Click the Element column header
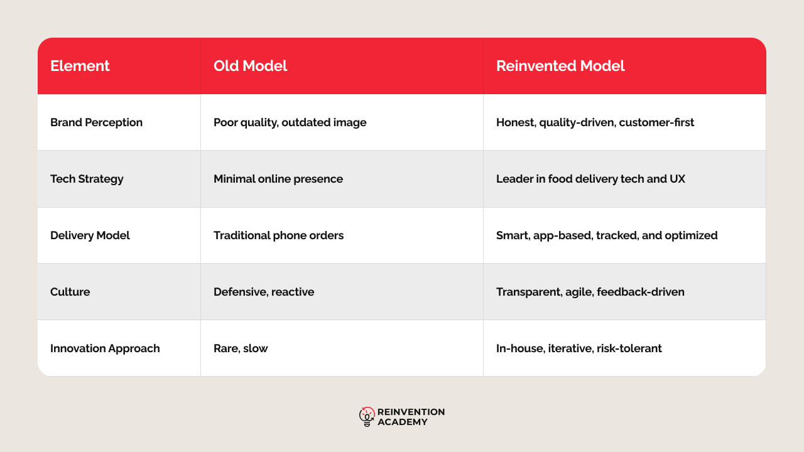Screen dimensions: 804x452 (80, 66)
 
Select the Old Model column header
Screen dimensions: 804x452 (250, 66)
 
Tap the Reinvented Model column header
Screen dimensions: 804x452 (560, 66)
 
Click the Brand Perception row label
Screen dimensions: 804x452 (96, 122)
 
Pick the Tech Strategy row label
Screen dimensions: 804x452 (87, 179)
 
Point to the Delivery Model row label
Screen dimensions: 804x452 (90, 235)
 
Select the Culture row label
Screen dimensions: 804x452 (70, 292)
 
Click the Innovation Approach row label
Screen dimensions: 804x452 (105, 348)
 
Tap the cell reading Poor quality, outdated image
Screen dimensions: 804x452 (290, 122)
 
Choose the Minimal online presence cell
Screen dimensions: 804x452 (278, 179)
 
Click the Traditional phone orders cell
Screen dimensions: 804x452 (278, 235)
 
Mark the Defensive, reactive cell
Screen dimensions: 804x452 (264, 292)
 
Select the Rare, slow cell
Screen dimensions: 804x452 (241, 348)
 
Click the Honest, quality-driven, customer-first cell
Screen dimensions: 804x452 (595, 122)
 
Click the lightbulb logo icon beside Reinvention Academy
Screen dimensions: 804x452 (367, 417)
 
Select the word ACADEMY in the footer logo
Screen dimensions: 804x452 (403, 422)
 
